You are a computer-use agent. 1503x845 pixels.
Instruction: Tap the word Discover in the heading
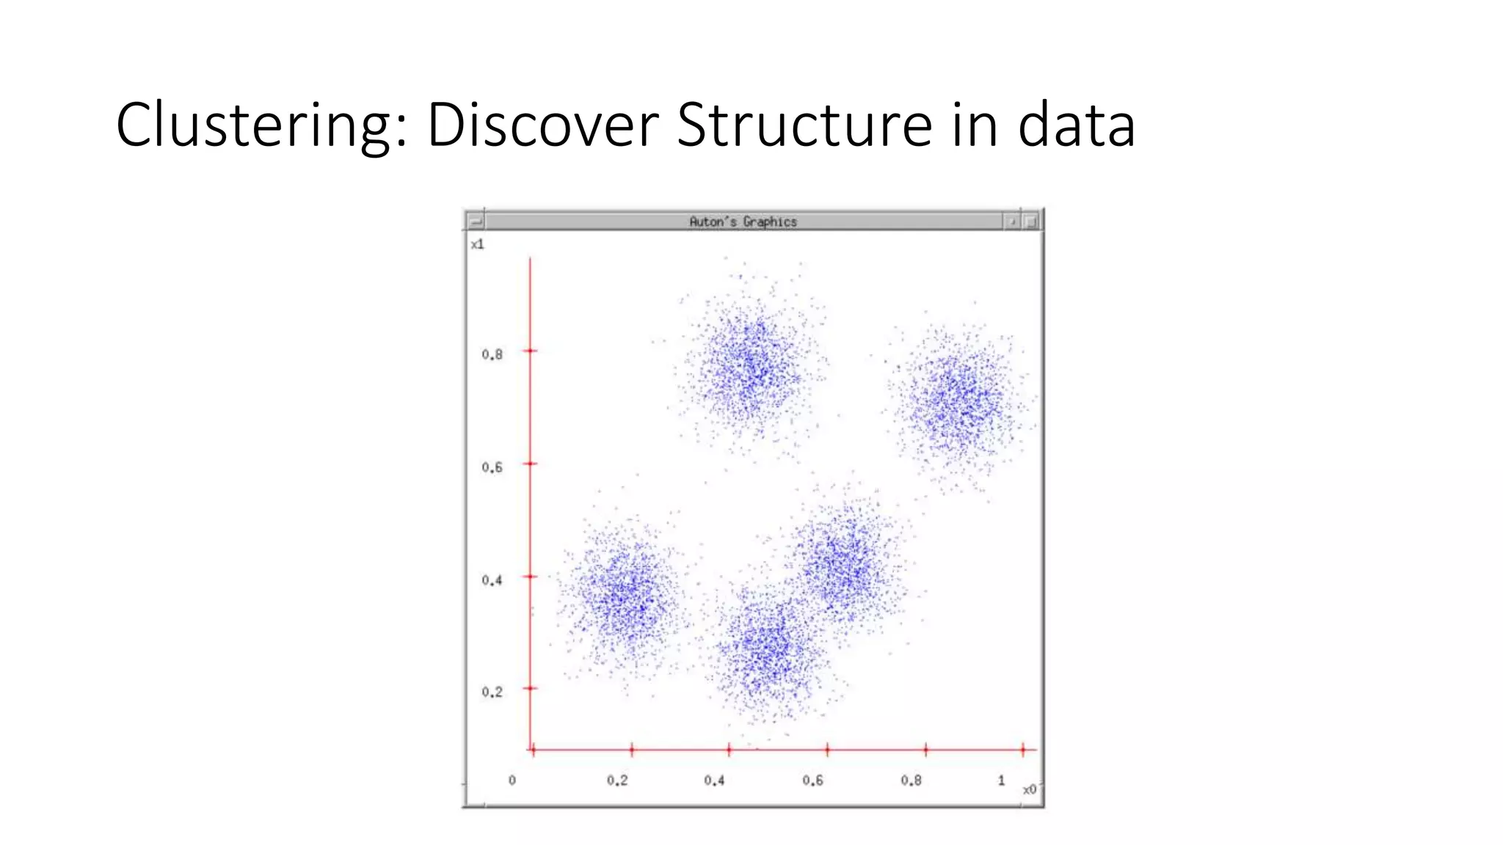(x=543, y=125)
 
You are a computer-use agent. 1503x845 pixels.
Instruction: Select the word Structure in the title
(x=804, y=125)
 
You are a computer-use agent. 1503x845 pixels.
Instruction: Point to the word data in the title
(x=1077, y=125)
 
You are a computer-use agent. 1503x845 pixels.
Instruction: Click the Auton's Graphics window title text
(x=743, y=222)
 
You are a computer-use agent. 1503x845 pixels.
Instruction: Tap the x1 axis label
(x=478, y=244)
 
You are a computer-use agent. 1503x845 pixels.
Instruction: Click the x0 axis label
(x=1030, y=789)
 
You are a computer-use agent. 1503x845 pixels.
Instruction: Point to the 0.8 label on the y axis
(x=492, y=355)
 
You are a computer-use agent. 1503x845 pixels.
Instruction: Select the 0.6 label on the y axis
(x=492, y=467)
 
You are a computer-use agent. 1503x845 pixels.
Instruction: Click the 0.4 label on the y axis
(x=492, y=580)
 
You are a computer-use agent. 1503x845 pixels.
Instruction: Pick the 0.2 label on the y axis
(x=492, y=692)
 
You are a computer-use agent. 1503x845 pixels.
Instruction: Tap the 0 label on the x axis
(x=512, y=780)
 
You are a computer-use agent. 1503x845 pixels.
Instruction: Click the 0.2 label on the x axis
(x=617, y=780)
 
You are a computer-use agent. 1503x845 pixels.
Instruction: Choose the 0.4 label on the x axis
(x=714, y=780)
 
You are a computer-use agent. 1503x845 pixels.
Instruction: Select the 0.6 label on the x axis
(x=812, y=780)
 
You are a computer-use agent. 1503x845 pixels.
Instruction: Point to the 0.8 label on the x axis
(x=911, y=780)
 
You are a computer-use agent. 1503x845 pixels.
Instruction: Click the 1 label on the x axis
(x=1001, y=780)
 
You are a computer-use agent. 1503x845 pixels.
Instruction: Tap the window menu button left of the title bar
(x=476, y=221)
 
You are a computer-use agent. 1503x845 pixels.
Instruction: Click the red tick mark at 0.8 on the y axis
(x=531, y=351)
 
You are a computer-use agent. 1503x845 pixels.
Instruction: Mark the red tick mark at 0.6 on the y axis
(x=531, y=464)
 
